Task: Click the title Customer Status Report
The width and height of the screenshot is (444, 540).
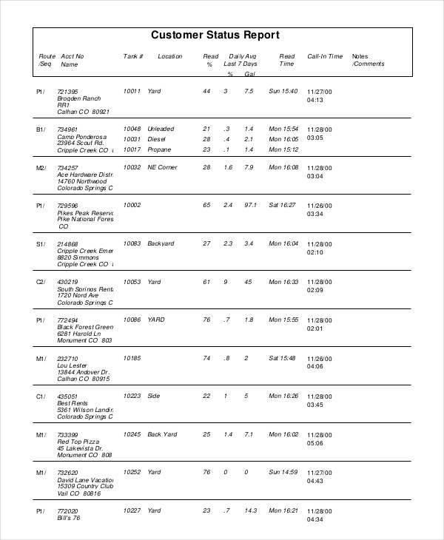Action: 215,35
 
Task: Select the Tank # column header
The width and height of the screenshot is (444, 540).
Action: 132,56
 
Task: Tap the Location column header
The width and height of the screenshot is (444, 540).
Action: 169,56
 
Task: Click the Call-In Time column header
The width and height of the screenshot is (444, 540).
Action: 325,56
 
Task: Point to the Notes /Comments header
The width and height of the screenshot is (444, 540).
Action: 368,60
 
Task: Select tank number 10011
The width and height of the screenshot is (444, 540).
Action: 132,91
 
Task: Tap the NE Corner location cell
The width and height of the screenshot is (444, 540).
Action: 163,168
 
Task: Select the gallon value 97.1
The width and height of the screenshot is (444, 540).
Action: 249,205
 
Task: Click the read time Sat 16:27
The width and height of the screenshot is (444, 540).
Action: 283,205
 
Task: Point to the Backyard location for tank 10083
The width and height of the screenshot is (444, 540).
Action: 161,243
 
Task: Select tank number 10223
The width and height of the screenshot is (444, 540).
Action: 132,396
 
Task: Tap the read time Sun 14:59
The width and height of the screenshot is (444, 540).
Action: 283,472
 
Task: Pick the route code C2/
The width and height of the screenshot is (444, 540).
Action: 41,282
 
